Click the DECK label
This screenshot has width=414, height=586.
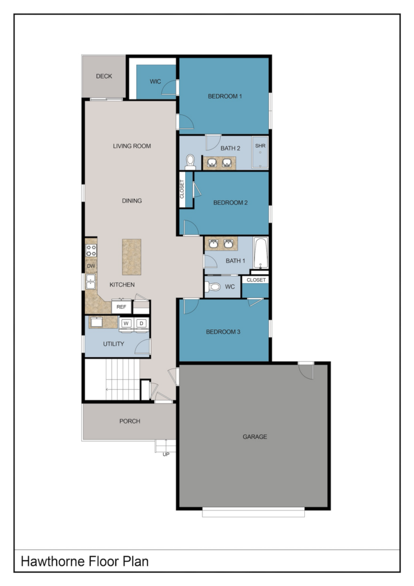point(103,76)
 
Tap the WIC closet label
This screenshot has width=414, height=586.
point(156,81)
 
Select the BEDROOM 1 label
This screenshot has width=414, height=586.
point(225,96)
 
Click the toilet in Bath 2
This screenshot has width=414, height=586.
point(190,162)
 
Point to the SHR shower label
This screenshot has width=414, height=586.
point(260,146)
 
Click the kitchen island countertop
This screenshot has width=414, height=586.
point(132,257)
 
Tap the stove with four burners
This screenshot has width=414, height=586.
point(91,251)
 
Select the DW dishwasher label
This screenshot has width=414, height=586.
point(91,266)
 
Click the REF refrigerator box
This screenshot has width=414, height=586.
point(121,307)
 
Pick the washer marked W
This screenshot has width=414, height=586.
point(126,324)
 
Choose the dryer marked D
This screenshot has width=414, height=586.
point(141,324)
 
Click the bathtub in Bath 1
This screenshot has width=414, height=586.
point(261,253)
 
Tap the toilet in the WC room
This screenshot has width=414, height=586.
point(212,287)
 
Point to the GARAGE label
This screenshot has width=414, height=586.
point(255,437)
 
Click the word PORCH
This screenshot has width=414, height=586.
point(130,421)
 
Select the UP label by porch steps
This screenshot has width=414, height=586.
point(166,454)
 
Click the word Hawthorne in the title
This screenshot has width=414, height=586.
point(53,561)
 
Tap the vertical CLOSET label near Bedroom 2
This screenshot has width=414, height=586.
point(182,189)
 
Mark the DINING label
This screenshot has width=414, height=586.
point(132,201)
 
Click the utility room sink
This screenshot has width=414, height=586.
point(97,322)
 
